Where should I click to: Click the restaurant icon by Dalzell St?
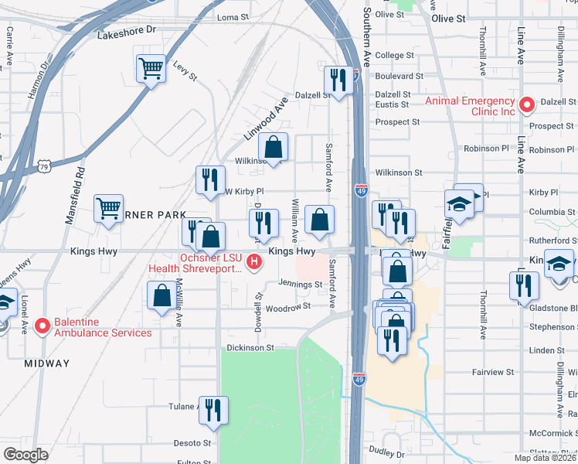338,79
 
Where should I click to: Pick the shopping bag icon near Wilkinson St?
274,146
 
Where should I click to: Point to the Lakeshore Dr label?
127,34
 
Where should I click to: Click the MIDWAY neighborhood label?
46,363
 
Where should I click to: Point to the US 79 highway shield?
45,166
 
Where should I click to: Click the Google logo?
25,455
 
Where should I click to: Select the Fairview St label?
492,372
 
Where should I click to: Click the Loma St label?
233,17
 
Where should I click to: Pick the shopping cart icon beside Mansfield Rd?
108,208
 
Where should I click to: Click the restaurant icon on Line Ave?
523,285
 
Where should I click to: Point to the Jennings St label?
300,285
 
